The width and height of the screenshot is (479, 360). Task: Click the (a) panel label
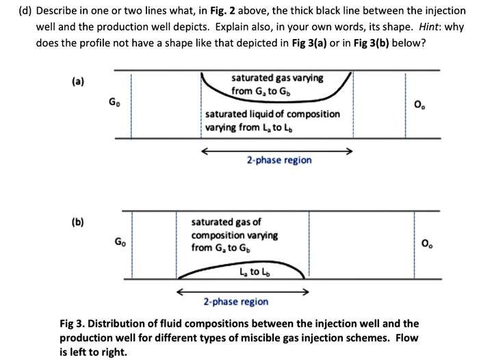coord(78,81)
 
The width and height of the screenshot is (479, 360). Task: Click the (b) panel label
coord(78,223)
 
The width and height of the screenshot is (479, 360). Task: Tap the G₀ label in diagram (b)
coord(120,242)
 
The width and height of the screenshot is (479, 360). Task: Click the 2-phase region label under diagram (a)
coord(279,160)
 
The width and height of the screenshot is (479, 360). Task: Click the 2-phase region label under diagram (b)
coord(235,301)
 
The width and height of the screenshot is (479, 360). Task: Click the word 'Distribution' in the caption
coord(123,323)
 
